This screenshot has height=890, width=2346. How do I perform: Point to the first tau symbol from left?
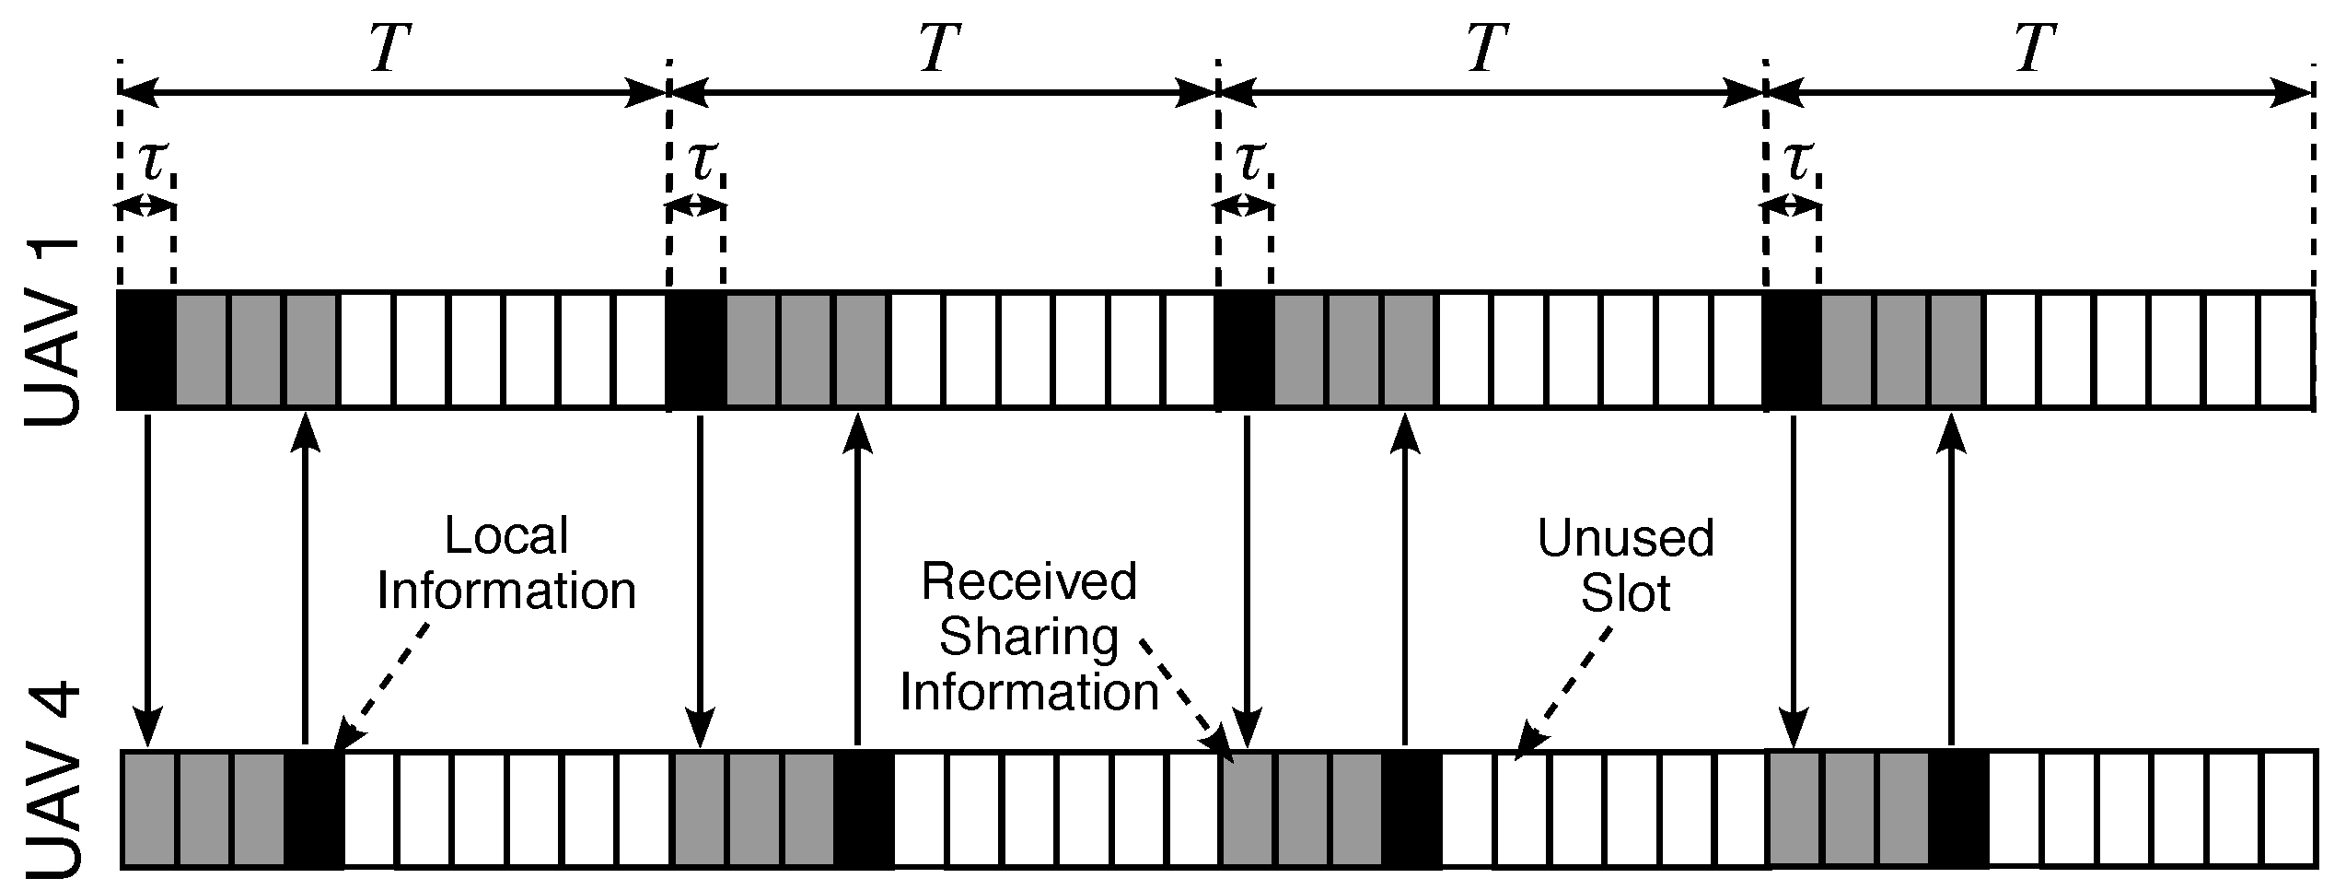tap(151, 160)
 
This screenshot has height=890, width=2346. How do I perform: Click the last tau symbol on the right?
tap(1795, 160)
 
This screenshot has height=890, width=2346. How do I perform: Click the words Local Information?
tap(506, 564)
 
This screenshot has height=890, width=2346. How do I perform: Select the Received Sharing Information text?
tap(1029, 636)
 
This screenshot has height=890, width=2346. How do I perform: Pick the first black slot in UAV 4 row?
tap(313, 808)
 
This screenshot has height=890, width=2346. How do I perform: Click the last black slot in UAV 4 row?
tap(1958, 808)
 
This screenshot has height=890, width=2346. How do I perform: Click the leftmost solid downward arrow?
tap(147, 580)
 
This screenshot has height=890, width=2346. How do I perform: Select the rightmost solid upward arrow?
tap(1950, 580)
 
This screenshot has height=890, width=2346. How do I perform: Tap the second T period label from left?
tap(939, 48)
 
